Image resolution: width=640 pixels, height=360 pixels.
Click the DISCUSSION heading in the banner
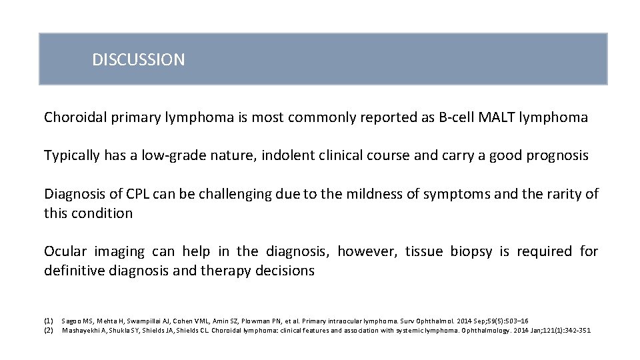138,60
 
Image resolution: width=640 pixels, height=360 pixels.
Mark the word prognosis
557,156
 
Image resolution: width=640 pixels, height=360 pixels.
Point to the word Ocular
65,251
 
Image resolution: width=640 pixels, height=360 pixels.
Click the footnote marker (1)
49,321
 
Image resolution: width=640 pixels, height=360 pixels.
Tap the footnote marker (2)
49,330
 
